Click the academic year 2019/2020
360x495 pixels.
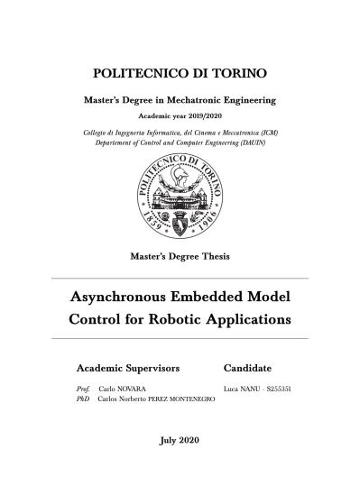click(x=201, y=116)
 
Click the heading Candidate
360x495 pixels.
click(x=247, y=369)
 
